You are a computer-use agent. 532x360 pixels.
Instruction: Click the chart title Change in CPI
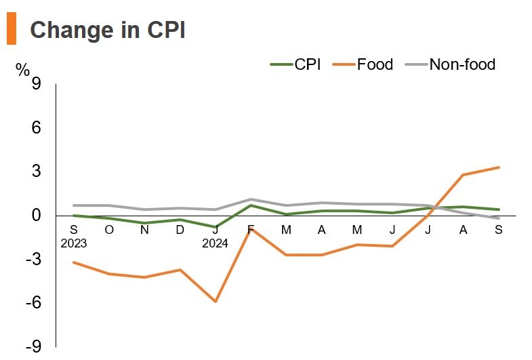108,31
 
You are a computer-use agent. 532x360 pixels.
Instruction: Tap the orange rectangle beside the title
12,30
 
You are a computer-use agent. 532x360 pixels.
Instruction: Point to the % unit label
23,69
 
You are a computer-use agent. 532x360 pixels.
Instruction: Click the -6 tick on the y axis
33,303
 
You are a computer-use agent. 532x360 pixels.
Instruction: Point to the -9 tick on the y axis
33,346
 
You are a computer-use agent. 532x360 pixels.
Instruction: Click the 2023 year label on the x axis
74,243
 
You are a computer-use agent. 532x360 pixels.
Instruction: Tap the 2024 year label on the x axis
216,243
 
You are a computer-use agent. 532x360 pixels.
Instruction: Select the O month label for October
109,230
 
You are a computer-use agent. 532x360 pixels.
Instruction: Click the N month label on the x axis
144,230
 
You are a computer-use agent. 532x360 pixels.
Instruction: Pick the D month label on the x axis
180,230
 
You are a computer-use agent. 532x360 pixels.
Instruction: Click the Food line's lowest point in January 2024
216,301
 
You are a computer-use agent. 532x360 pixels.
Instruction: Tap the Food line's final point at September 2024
499,167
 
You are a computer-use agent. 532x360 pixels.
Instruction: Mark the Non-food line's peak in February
251,199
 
